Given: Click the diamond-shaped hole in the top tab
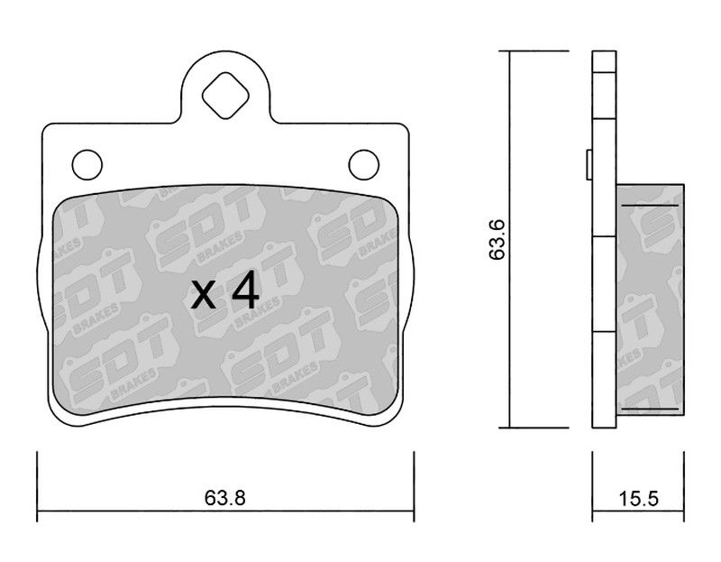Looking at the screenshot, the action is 225,96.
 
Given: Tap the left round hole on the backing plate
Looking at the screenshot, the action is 87,164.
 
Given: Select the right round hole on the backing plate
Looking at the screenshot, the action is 364,164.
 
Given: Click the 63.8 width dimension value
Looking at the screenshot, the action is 225,498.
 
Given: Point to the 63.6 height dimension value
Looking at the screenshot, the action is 497,240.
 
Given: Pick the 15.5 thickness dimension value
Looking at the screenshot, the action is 638,498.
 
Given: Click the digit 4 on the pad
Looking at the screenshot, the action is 245,289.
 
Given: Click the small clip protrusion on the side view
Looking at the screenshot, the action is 589,164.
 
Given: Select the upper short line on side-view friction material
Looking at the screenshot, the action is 650,205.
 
